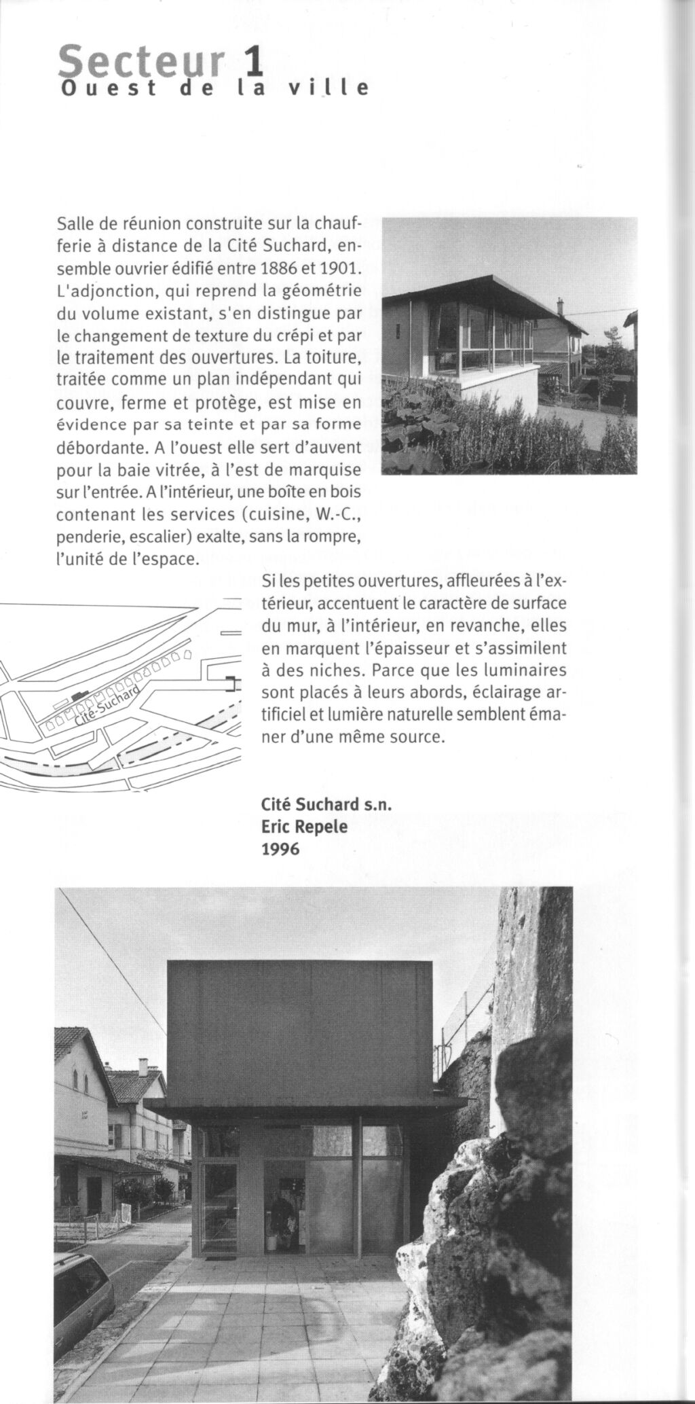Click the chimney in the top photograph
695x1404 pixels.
(561, 307)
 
